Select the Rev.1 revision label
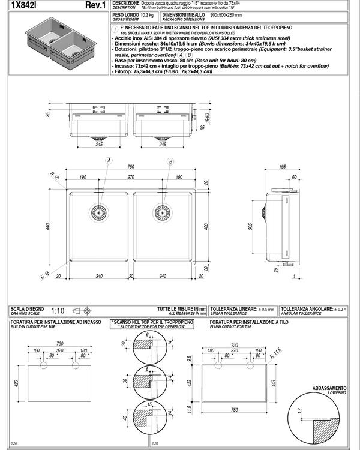[x=96, y=5]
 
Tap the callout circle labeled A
[x=109, y=161]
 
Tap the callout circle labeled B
[x=171, y=161]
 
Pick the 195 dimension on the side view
[x=281, y=167]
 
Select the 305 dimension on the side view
[x=251, y=226]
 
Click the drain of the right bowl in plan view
[x=162, y=211]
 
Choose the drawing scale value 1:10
[x=58, y=311]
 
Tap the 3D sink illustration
[x=55, y=42]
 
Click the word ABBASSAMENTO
[x=329, y=388]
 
